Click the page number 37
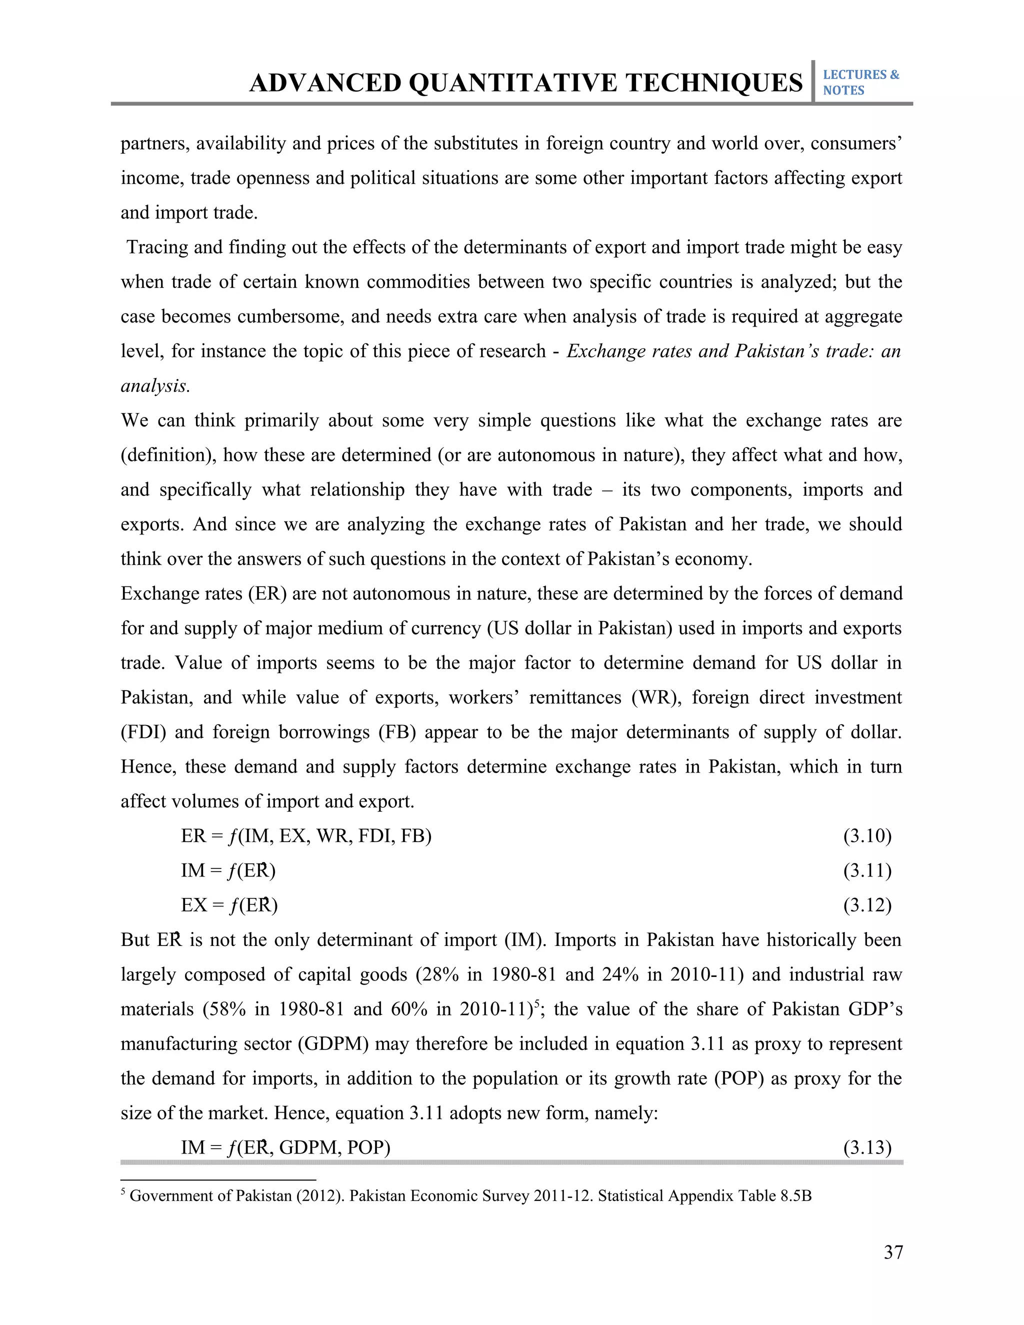click(893, 1252)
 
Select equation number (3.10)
click(867, 836)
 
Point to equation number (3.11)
click(867, 870)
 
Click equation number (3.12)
click(867, 905)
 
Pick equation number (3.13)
click(867, 1148)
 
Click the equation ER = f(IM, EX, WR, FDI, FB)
click(306, 836)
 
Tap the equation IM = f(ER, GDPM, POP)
click(285, 1148)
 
